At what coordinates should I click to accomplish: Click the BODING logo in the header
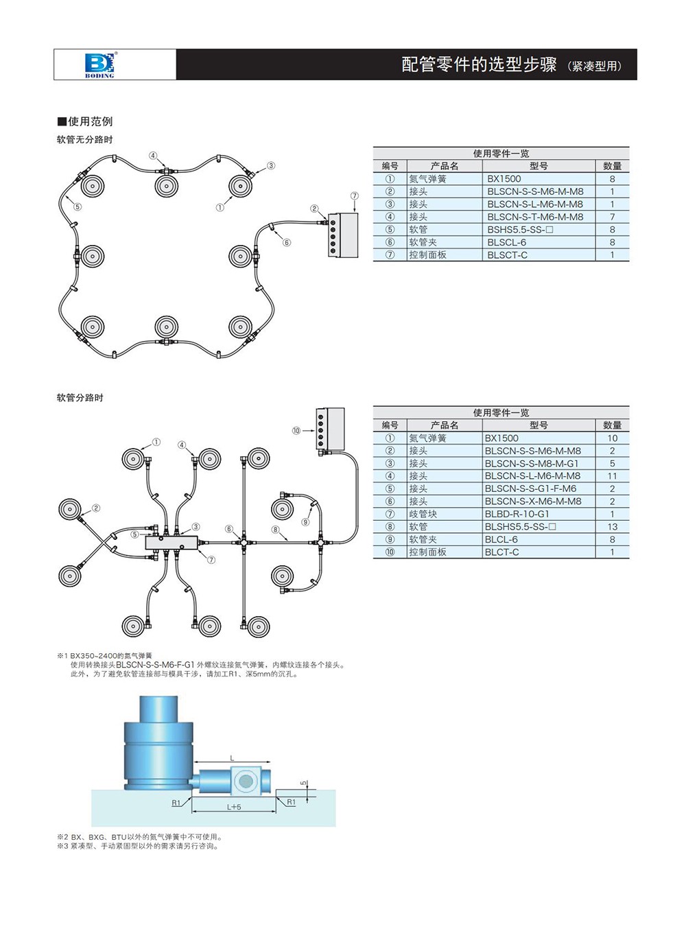[x=99, y=64]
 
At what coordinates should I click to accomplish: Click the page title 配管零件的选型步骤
[x=478, y=64]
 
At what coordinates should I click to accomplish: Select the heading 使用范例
[x=86, y=121]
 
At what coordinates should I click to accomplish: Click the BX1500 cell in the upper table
[x=504, y=179]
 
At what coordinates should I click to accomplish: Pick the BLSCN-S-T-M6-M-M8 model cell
[x=535, y=217]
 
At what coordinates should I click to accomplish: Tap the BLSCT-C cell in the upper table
[x=507, y=255]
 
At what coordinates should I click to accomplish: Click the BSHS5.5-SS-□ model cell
[x=520, y=230]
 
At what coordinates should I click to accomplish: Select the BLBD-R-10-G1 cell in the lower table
[x=517, y=514]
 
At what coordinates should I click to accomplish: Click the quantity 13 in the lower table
[x=612, y=527]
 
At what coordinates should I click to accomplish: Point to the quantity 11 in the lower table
[x=612, y=476]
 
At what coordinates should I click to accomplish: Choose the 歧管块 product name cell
[x=423, y=514]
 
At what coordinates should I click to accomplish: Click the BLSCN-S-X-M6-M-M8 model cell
[x=532, y=502]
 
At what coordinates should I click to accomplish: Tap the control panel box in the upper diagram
[x=343, y=235]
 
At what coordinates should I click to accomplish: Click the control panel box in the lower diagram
[x=330, y=429]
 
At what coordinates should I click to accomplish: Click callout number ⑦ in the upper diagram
[x=354, y=196]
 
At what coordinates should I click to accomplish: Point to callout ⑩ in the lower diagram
[x=296, y=431]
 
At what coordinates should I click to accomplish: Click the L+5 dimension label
[x=234, y=808]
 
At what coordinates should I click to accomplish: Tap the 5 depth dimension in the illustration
[x=303, y=783]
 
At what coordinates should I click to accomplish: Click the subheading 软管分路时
[x=80, y=398]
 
